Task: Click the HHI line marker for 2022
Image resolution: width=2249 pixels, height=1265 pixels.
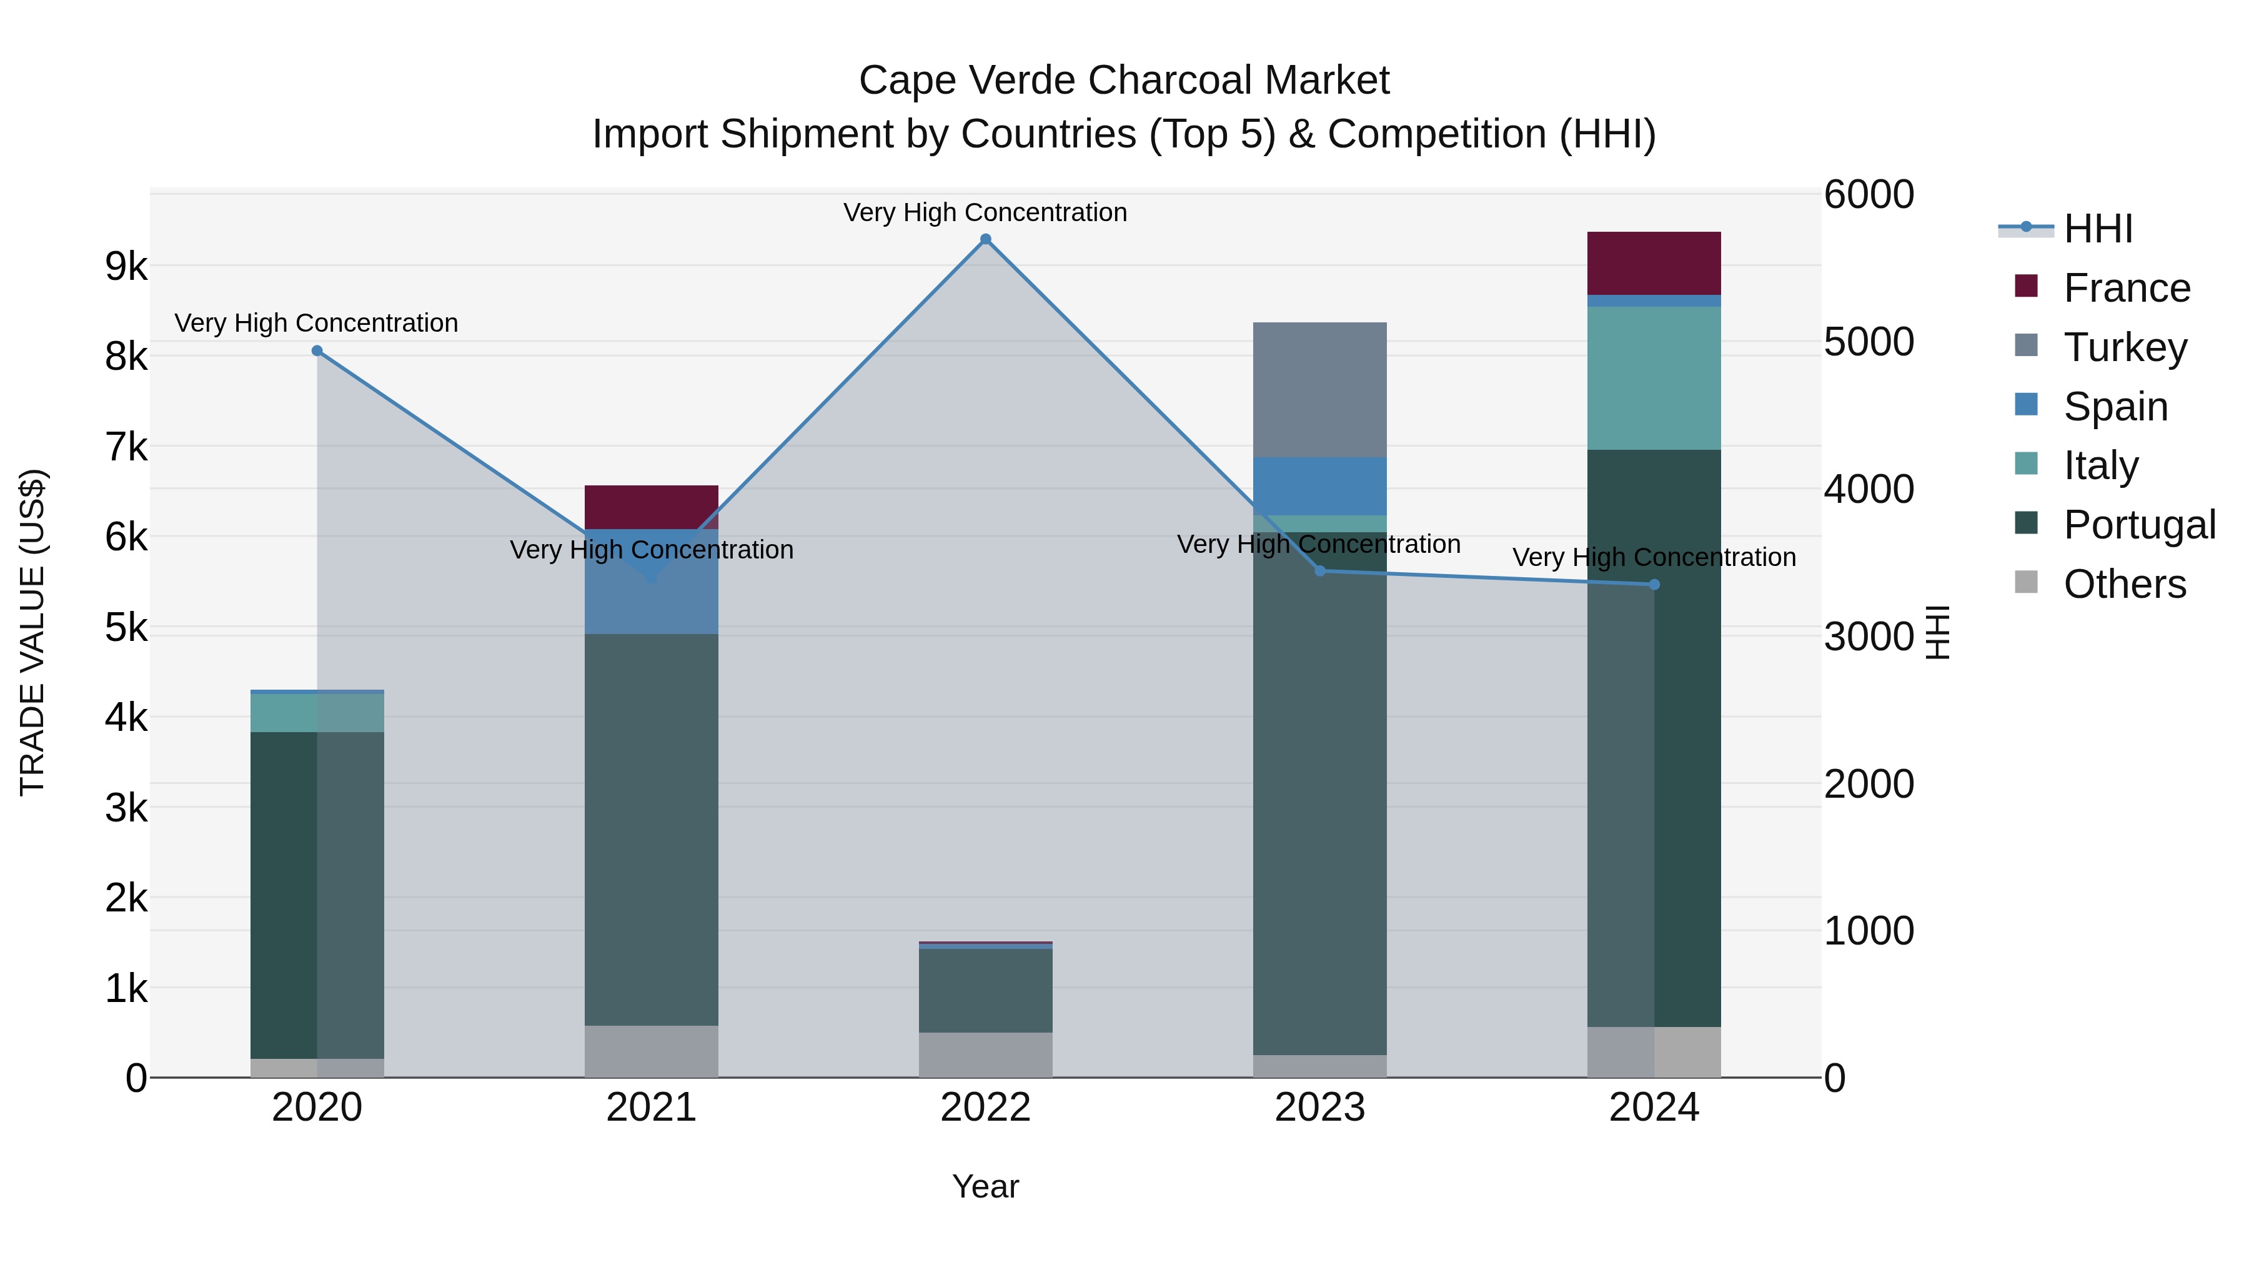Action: click(x=986, y=239)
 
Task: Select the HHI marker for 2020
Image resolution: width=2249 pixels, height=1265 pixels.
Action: click(x=317, y=351)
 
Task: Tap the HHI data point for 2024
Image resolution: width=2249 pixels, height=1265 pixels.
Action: click(x=1654, y=584)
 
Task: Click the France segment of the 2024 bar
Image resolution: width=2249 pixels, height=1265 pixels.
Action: click(x=1654, y=263)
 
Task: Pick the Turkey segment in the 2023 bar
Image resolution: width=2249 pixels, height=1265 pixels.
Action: click(x=1319, y=389)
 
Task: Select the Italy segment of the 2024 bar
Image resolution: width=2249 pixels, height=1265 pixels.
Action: click(x=1654, y=377)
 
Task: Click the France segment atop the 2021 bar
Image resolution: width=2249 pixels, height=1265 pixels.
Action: click(x=652, y=507)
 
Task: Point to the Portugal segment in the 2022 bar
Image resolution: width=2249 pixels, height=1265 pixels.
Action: click(x=986, y=990)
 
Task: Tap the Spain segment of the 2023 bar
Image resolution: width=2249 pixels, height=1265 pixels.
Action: click(x=1319, y=485)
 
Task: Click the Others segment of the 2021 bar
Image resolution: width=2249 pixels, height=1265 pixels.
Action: click(x=652, y=1051)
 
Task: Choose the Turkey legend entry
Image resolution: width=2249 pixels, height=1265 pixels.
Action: click(x=2125, y=347)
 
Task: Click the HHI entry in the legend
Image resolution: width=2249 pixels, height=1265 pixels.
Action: click(x=2098, y=229)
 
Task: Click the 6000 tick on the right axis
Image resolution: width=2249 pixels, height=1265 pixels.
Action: click(x=1869, y=195)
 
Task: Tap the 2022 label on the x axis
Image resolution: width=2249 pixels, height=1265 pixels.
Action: click(x=986, y=1107)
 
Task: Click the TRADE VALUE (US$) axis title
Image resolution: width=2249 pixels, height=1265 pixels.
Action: click(x=33, y=632)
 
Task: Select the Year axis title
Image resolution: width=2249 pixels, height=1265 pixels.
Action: click(x=986, y=1186)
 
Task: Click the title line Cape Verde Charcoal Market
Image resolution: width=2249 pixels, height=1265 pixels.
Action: click(x=1124, y=81)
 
